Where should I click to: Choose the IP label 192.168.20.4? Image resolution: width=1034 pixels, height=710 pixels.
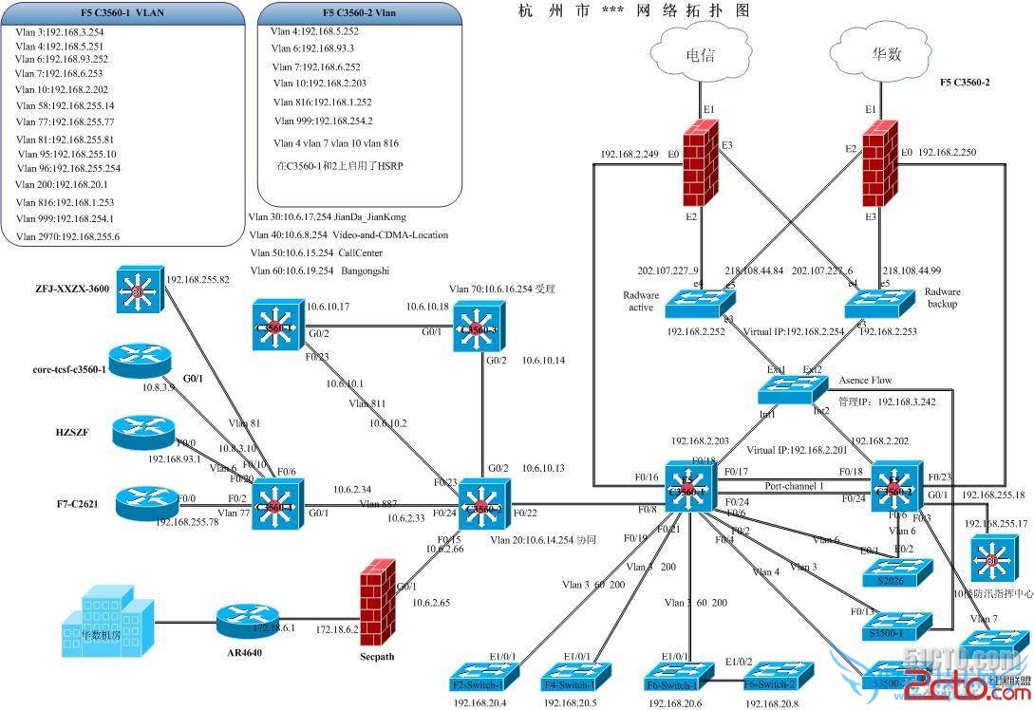point(479,703)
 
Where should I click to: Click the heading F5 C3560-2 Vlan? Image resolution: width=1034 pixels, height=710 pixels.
point(359,13)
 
